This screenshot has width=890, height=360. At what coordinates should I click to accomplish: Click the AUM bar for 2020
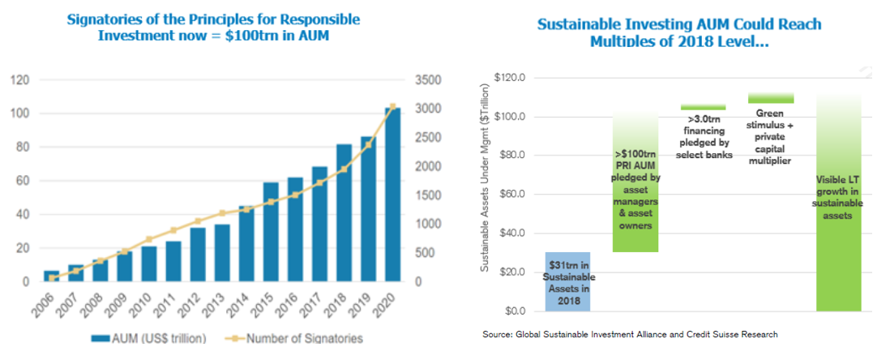pyautogui.click(x=392, y=195)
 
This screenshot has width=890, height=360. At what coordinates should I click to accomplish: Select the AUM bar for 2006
pyautogui.click(x=51, y=276)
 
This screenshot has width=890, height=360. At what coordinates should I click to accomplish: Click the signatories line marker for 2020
pyautogui.click(x=392, y=106)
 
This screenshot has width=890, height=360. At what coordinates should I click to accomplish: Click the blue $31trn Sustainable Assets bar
pyautogui.click(x=567, y=281)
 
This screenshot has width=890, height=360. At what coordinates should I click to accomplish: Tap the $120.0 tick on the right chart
pyautogui.click(x=511, y=78)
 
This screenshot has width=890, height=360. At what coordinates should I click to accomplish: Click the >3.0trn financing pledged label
pyautogui.click(x=703, y=137)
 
